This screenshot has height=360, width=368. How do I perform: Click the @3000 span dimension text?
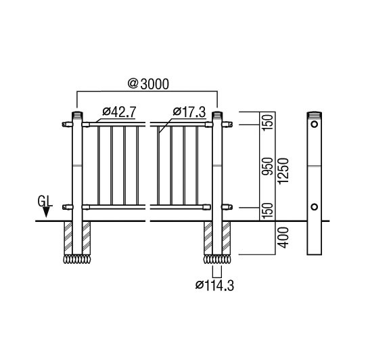click(148, 84)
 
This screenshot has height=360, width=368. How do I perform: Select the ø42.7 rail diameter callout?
click(119, 112)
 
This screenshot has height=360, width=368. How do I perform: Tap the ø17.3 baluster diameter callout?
click(189, 112)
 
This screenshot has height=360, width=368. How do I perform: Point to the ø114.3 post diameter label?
click(214, 286)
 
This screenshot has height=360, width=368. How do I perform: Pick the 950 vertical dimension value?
click(268, 166)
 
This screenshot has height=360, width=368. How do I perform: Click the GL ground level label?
click(45, 201)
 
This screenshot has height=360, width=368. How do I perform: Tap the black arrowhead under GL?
click(46, 212)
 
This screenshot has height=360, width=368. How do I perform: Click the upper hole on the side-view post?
click(315, 124)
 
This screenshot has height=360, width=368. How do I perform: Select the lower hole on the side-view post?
click(315, 207)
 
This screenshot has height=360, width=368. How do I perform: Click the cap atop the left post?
click(77, 115)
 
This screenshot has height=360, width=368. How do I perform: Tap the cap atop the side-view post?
click(315, 115)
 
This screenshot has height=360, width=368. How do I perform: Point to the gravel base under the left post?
click(76, 259)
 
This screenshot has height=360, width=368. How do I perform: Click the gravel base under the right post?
click(217, 259)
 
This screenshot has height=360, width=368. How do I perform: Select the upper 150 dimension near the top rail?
click(268, 122)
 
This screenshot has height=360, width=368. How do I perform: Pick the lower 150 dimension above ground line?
click(268, 211)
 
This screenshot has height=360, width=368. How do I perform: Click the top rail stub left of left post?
click(68, 125)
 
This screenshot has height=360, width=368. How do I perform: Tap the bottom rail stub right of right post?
click(227, 207)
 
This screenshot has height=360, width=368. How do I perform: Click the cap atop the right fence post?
click(217, 115)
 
